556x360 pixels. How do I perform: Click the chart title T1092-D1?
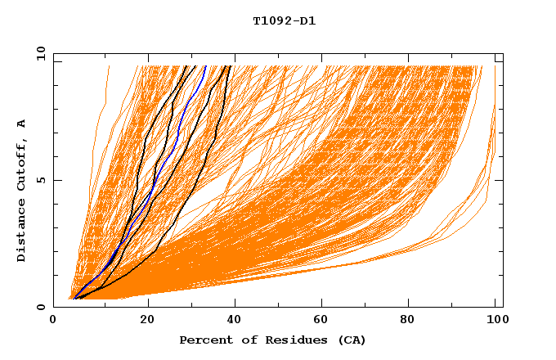(284, 21)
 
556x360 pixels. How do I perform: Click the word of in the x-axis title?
(243, 340)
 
